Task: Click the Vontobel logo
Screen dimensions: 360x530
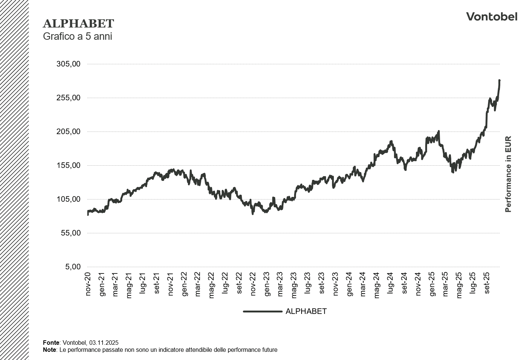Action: point(491,17)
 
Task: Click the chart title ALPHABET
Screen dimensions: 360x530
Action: point(78,23)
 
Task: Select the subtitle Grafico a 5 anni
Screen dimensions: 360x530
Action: point(77,36)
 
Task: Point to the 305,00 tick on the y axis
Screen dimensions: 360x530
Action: point(68,64)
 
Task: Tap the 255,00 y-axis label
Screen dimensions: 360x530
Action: point(68,98)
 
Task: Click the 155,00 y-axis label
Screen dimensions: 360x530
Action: point(68,165)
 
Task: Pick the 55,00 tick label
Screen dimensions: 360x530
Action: point(70,233)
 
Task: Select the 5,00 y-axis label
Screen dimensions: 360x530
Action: point(73,267)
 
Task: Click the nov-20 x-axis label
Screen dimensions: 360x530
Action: point(88,284)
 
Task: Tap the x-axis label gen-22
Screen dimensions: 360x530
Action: point(184,284)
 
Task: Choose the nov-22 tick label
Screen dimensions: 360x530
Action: point(253,284)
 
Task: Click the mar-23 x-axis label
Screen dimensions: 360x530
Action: point(280,284)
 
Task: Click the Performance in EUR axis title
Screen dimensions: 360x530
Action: point(508,174)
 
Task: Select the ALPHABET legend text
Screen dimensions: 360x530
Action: point(306,311)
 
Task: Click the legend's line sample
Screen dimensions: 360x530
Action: point(262,311)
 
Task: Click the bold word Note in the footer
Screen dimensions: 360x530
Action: point(49,350)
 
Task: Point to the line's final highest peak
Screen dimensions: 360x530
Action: point(499,80)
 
